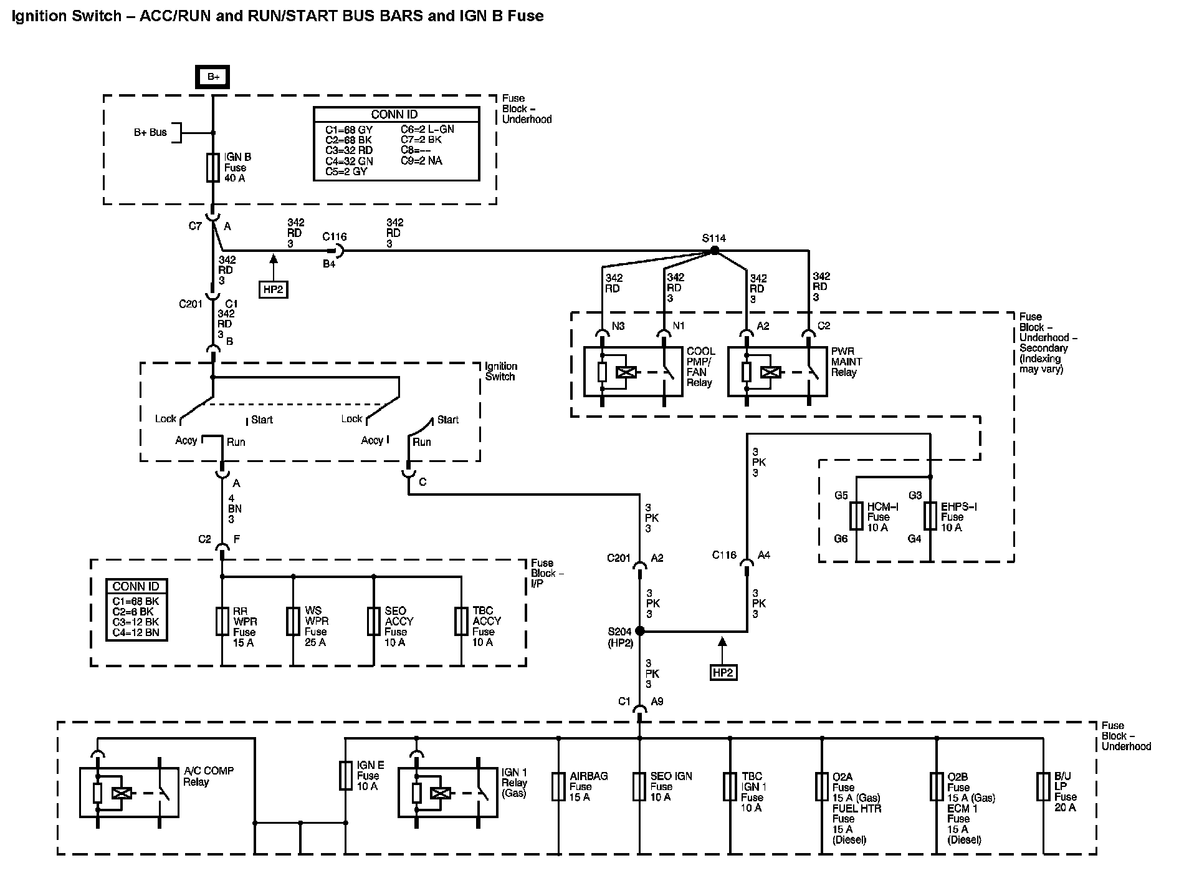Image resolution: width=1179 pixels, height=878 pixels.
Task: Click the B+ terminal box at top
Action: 213,77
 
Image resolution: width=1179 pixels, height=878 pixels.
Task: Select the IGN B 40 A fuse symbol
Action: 213,168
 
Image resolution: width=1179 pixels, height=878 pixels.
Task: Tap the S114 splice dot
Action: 715,251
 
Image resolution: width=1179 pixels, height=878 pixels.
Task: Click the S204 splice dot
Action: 639,631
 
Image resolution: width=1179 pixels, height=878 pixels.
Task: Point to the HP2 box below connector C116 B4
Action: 273,290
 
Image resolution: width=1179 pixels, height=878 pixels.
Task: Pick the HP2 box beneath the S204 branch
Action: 723,672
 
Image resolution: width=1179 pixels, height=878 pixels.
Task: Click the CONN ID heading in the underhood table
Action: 394,115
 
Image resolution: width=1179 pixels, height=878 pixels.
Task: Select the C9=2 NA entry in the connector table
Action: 422,161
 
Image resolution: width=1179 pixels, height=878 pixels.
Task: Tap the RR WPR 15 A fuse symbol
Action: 222,621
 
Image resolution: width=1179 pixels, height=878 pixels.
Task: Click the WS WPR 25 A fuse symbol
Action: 293,621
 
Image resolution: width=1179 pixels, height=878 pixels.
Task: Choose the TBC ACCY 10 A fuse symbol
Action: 461,621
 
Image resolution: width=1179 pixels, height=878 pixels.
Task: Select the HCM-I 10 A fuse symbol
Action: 856,516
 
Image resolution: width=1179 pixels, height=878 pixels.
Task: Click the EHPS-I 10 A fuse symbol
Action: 930,516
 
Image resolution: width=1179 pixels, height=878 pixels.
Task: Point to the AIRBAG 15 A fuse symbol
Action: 558,787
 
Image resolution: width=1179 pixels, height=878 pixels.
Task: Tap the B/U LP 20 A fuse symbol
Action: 1043,787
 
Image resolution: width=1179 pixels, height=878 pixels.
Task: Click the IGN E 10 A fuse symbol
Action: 345,776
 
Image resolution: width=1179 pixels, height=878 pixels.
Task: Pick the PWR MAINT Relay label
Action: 846,362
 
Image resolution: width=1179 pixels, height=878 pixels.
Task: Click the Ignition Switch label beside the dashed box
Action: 500,371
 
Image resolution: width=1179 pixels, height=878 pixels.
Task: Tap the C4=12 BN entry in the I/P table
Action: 136,632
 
